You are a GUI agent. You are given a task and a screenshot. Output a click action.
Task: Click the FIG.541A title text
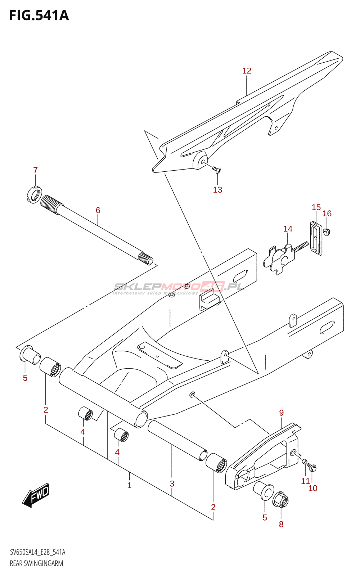click(x=39, y=15)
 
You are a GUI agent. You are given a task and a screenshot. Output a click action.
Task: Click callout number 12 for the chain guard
click(x=247, y=71)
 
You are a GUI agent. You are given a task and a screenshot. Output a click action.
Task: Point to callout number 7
click(x=35, y=170)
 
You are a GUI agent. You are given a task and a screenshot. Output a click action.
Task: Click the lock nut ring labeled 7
click(x=35, y=195)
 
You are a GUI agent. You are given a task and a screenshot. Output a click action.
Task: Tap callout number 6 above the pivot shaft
click(x=98, y=210)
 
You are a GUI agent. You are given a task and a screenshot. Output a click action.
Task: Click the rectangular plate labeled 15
click(x=316, y=238)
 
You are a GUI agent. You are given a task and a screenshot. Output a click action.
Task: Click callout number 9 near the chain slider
click(x=282, y=413)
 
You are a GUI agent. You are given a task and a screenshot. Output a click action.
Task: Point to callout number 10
click(x=313, y=488)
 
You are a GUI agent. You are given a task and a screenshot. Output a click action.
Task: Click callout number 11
click(x=305, y=481)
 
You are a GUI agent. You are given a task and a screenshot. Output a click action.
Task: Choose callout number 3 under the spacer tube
click(x=172, y=483)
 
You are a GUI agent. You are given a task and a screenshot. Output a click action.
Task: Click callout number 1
click(x=129, y=485)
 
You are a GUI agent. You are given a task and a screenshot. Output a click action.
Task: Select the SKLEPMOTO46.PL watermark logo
click(x=179, y=287)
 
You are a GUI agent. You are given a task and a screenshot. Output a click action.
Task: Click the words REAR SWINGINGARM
click(x=36, y=563)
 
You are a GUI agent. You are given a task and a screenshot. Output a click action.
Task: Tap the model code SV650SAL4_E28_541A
click(x=37, y=552)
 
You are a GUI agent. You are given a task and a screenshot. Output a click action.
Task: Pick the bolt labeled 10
click(x=312, y=468)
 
